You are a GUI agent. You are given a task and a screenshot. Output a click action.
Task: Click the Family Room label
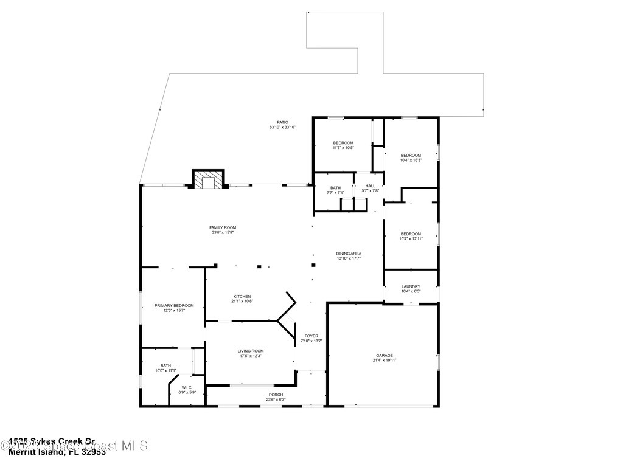[x=222, y=227]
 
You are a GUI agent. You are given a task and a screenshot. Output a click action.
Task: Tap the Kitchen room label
[x=241, y=296]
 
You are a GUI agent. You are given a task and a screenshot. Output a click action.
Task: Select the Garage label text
[x=384, y=355]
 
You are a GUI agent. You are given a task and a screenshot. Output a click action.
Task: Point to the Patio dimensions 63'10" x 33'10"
[x=282, y=127]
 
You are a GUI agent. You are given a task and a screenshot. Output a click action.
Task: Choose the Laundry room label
[x=411, y=286]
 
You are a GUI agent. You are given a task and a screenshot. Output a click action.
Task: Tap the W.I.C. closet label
[x=187, y=387]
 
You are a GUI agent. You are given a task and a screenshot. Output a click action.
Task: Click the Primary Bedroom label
[x=174, y=305]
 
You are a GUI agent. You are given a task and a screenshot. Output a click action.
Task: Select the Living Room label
[x=250, y=351]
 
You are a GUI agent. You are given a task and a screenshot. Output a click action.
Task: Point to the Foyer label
[x=311, y=336]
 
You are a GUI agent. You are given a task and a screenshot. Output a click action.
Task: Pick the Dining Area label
[x=349, y=253]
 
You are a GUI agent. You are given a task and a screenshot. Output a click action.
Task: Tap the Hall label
[x=371, y=185]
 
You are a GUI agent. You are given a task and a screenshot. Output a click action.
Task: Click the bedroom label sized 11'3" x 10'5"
[x=343, y=143]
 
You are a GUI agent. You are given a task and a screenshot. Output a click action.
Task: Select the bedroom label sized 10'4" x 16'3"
[x=411, y=156]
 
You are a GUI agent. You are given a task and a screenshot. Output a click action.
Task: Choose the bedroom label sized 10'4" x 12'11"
[x=411, y=233]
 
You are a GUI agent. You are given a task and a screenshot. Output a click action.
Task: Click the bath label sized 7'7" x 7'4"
[x=336, y=188]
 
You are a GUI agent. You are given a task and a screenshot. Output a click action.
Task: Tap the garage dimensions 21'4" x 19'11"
[x=385, y=360]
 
